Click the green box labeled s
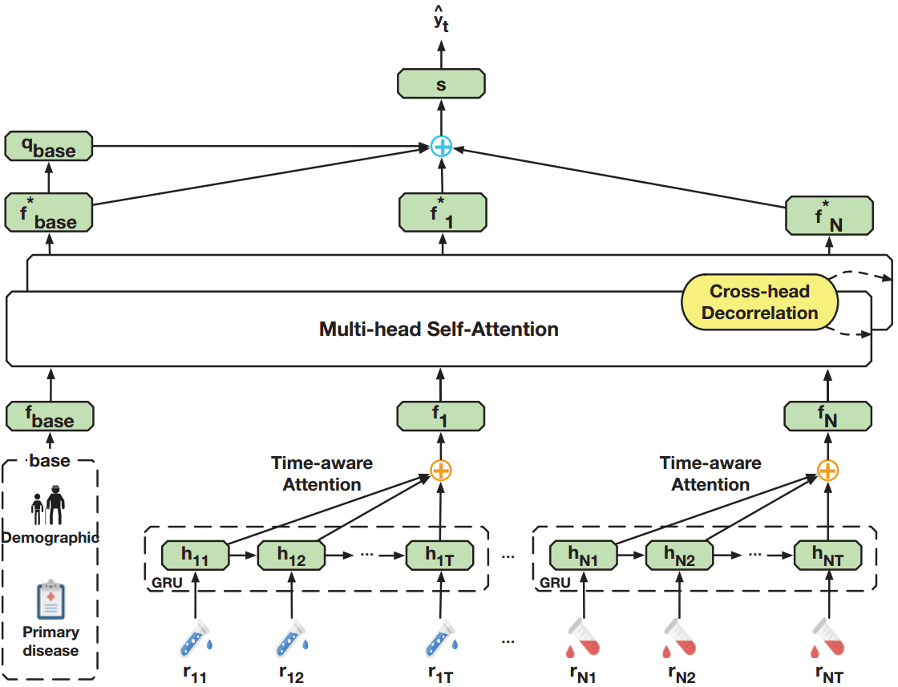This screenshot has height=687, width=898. click(441, 83)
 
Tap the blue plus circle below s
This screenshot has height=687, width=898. click(442, 146)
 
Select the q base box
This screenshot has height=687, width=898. click(49, 146)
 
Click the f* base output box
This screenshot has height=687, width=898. click(49, 213)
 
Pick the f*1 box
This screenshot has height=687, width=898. click(442, 213)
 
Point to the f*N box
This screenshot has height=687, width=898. click(829, 215)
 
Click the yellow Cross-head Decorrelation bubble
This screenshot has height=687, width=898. click(759, 302)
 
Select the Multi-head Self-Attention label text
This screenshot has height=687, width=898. click(439, 329)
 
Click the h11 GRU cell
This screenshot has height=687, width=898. click(195, 555)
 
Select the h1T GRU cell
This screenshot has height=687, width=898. click(440, 555)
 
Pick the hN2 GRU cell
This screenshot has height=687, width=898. click(680, 555)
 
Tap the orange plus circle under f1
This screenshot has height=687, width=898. click(441, 471)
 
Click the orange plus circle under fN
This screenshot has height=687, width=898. click(828, 471)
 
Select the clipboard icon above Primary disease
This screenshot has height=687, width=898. click(51, 601)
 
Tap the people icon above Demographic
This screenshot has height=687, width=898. click(49, 505)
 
